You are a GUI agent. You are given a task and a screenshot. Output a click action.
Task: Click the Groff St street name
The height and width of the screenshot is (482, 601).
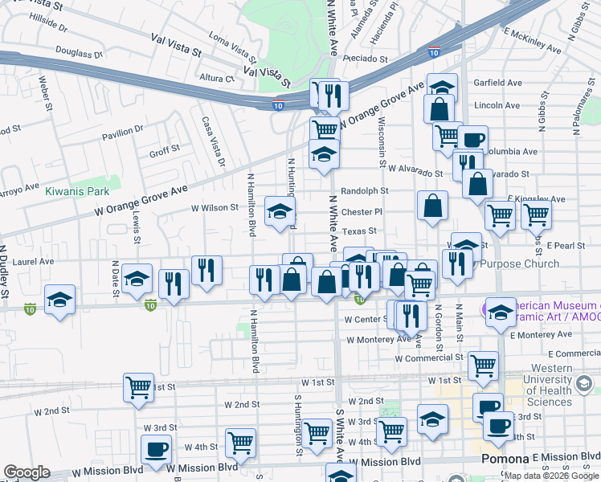[x=164, y=151]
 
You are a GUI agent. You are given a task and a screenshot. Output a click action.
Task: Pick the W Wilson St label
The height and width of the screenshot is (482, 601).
[x=215, y=207]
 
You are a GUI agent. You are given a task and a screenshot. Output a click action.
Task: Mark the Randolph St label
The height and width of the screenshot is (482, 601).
[x=365, y=191]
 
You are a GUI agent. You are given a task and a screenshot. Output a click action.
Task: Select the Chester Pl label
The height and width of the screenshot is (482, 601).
[x=362, y=212]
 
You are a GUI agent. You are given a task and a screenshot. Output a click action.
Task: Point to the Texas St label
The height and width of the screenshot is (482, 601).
[x=359, y=231]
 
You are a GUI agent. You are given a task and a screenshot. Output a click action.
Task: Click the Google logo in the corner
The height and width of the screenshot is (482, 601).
[x=27, y=472]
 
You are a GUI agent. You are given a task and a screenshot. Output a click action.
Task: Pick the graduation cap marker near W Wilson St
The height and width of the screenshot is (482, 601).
[x=280, y=211]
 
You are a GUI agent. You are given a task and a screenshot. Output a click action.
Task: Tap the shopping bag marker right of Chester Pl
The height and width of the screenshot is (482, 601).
[x=432, y=205]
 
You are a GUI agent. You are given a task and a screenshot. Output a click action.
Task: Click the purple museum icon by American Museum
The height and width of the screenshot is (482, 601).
[x=489, y=308]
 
